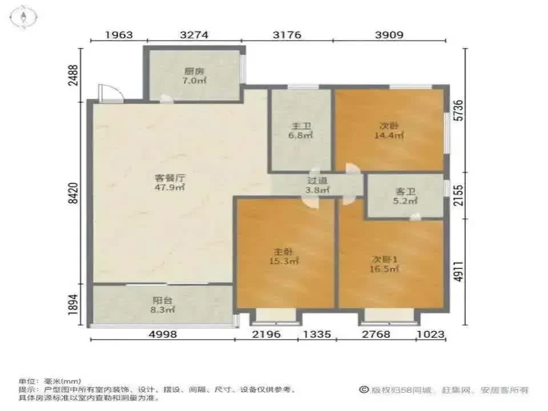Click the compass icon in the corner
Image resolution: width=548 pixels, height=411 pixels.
pyautogui.click(x=25, y=17)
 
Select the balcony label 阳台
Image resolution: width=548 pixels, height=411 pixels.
pyautogui.click(x=163, y=300)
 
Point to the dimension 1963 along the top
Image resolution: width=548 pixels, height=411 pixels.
pyautogui.click(x=119, y=35)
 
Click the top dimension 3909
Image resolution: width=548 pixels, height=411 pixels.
pyautogui.click(x=390, y=35)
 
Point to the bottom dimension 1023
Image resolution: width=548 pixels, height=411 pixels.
pyautogui.click(x=430, y=334)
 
